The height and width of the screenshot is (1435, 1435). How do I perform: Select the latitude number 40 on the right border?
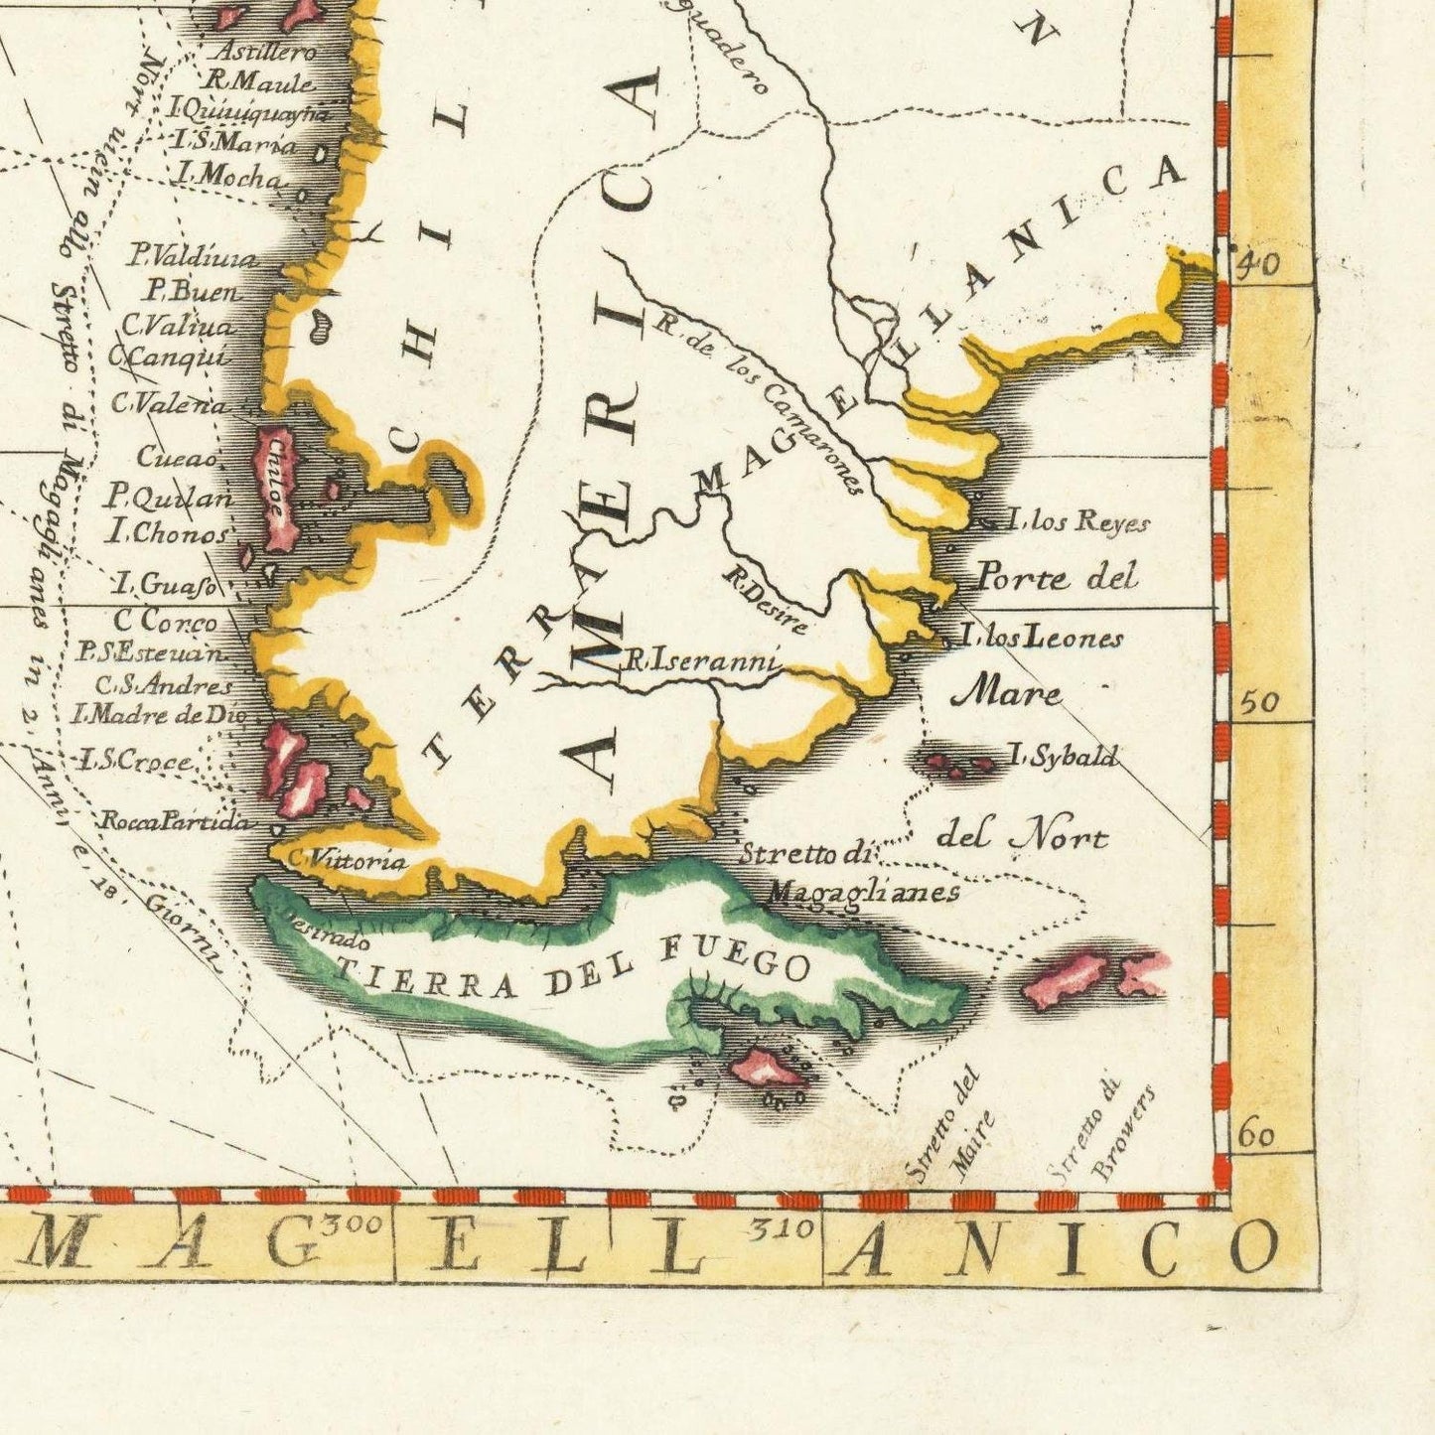(1256, 264)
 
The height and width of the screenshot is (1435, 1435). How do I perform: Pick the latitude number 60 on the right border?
(1257, 1134)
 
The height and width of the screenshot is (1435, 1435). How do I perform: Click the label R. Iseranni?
(701, 659)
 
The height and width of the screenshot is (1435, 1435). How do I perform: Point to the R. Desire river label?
(765, 600)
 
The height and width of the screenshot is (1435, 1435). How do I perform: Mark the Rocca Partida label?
(174, 821)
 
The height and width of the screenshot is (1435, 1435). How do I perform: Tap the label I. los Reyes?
(1076, 521)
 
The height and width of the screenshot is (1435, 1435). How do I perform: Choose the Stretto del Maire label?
(951, 1125)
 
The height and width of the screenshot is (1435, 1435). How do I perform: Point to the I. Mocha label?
(227, 177)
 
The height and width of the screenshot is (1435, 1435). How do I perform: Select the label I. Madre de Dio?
(157, 713)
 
